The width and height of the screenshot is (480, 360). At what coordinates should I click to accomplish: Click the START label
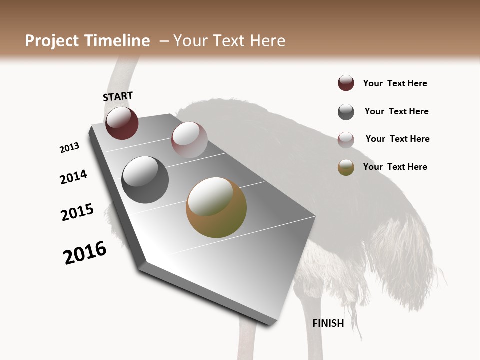[x=118, y=96]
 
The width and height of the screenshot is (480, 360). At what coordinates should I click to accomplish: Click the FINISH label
[x=328, y=323]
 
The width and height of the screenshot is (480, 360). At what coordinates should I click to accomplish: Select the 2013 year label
[x=69, y=148]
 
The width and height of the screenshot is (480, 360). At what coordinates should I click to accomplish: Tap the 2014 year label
[x=73, y=177]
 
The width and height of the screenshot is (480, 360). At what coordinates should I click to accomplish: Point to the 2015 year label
[x=77, y=212]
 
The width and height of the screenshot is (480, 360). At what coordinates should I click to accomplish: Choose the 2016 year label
[x=85, y=253]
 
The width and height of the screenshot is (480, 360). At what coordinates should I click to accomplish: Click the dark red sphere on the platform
[x=122, y=123]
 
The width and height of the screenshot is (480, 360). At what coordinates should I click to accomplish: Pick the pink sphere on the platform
[x=189, y=140]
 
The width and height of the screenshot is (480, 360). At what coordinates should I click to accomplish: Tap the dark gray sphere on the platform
[x=145, y=180]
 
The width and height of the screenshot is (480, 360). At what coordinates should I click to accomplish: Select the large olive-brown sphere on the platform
[x=216, y=207]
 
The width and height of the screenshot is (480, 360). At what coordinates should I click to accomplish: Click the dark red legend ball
[x=346, y=83]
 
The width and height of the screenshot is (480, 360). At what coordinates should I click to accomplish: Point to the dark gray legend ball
[x=346, y=112]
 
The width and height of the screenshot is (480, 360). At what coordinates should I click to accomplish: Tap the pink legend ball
[x=346, y=139]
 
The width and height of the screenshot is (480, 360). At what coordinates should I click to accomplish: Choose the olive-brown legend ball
[x=346, y=167]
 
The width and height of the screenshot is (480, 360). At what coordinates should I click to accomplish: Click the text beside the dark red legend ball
[x=395, y=83]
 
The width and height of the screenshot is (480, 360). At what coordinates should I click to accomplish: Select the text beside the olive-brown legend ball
[x=395, y=167]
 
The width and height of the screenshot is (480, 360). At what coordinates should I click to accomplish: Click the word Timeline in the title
[x=118, y=41]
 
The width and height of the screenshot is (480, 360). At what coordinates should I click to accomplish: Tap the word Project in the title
[x=51, y=41]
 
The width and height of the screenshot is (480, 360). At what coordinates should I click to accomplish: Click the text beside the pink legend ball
[x=397, y=139]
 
